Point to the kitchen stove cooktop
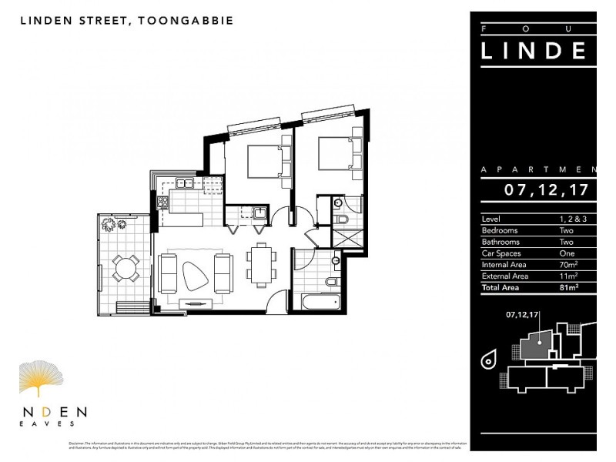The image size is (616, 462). [163, 203]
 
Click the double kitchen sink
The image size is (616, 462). [185, 183]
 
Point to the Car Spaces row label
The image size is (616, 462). [501, 253]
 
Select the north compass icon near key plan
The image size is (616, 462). [489, 359]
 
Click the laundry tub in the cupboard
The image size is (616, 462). [261, 213]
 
